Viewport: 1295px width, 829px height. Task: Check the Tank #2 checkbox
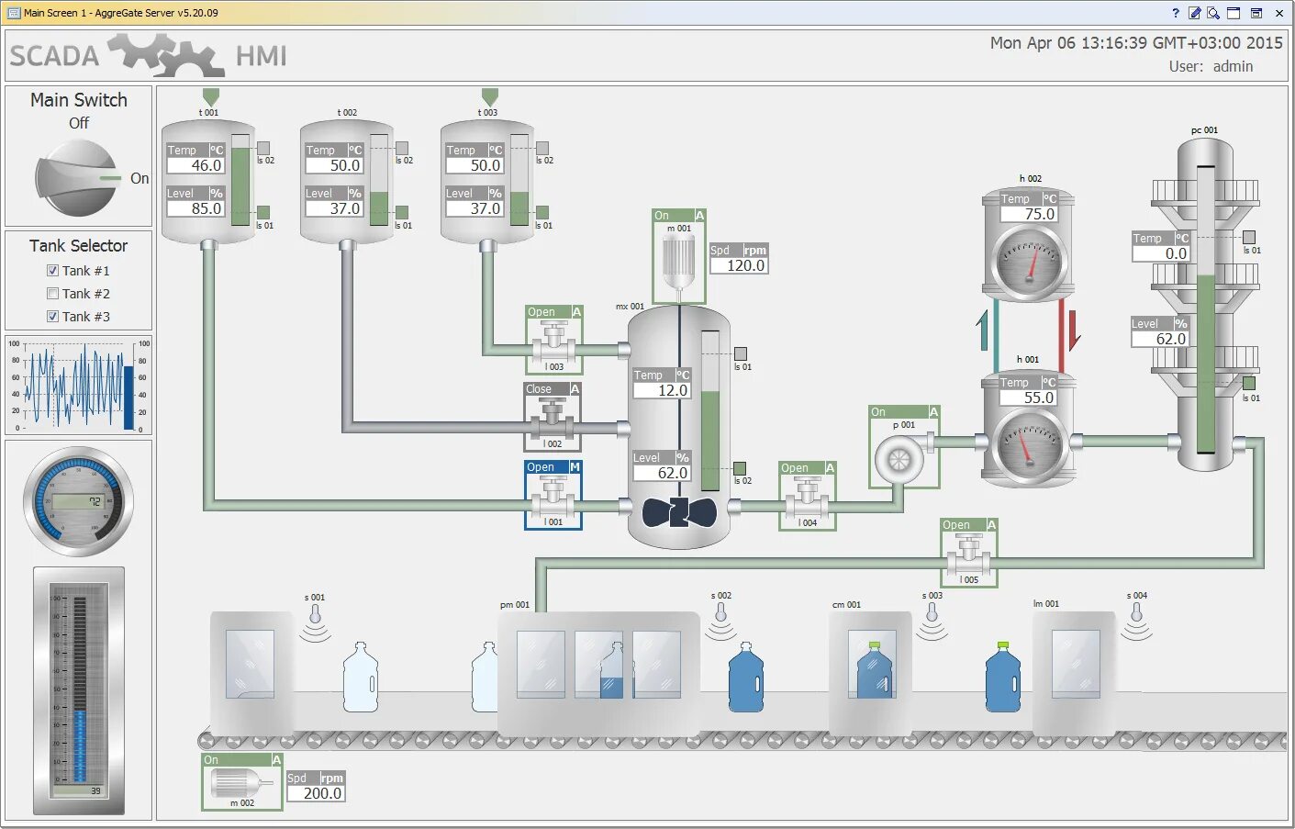tap(53, 294)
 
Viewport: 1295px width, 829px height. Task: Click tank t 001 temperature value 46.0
tap(195, 165)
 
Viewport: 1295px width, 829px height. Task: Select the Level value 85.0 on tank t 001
tap(195, 208)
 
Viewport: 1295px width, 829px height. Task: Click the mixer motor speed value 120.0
tap(739, 265)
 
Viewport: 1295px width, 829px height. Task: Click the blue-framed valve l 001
tap(553, 497)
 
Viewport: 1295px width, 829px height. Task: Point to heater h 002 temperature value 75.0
tap(1028, 214)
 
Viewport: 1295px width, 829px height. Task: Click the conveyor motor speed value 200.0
tap(316, 793)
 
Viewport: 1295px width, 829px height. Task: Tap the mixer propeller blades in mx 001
tap(678, 511)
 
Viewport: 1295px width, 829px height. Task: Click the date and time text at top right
tap(1135, 43)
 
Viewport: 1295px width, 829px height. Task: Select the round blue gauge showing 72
tap(78, 501)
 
